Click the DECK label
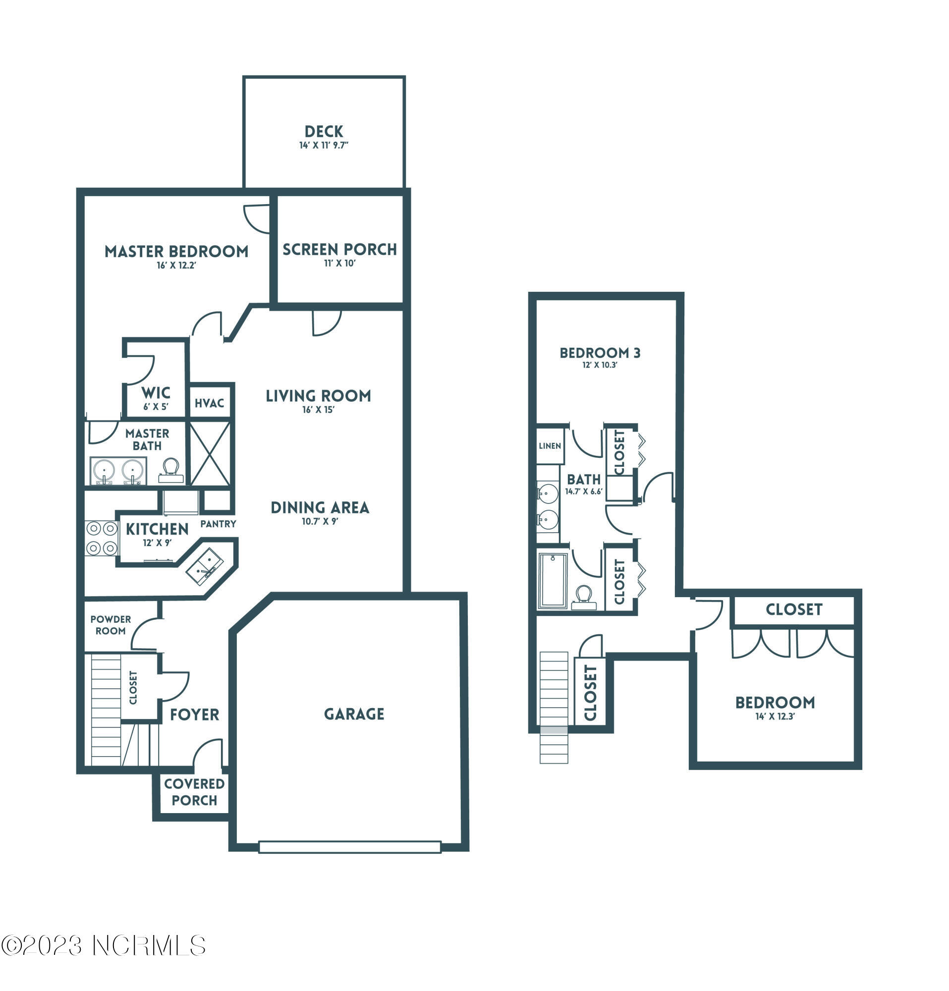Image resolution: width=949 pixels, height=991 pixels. pos(324,131)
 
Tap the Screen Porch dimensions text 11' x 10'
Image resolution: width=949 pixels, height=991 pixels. pos(340,263)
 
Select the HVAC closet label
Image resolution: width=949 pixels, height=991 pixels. pos(209,403)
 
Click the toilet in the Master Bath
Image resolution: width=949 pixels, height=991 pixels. pos(170,471)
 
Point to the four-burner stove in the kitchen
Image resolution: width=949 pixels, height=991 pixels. pos(101,538)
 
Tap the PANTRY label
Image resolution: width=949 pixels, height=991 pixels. pos(218,524)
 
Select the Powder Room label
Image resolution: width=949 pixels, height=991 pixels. pos(110,625)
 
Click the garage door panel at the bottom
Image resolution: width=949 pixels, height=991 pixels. pos(349,846)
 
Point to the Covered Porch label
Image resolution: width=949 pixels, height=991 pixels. pos(194,792)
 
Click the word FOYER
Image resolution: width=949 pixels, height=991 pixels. pos(195,715)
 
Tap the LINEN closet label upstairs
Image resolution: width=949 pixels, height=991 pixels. pos(550,446)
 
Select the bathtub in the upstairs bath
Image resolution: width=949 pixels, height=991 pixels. pos(553,580)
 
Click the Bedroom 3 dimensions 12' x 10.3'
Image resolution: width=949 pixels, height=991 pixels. pos(600,365)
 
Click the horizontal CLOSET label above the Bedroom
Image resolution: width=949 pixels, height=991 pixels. pos(794,609)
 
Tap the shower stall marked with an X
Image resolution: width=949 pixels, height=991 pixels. pos(210,453)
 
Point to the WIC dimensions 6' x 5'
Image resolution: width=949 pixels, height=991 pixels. pos(155,406)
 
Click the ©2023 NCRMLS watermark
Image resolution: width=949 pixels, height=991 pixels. pos(103,945)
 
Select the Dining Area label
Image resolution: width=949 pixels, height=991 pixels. pos(320,507)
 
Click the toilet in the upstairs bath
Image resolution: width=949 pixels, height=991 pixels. pos(583,597)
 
